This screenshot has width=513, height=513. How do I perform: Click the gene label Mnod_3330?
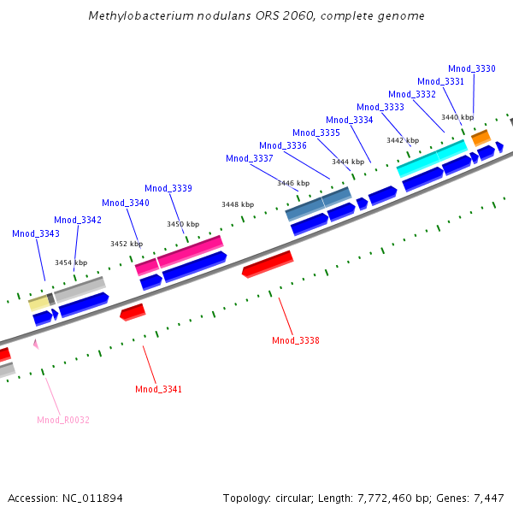click(x=472, y=68)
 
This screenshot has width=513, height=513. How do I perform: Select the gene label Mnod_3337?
click(x=250, y=158)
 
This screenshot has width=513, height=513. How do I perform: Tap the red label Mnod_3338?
click(x=296, y=340)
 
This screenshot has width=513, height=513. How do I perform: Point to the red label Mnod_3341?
click(x=159, y=389)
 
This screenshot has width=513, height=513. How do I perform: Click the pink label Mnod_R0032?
click(x=63, y=420)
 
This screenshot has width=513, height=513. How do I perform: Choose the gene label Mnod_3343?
click(x=36, y=233)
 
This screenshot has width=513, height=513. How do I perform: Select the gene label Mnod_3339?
click(x=168, y=188)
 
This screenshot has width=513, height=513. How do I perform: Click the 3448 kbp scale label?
click(x=238, y=204)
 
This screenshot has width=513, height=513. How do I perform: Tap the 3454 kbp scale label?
click(x=71, y=262)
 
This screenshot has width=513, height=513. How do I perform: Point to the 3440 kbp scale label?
click(x=457, y=117)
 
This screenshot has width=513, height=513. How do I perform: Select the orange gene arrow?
click(x=481, y=137)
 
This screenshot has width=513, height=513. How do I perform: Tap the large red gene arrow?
click(x=268, y=264)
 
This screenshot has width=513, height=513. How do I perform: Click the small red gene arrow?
click(x=133, y=312)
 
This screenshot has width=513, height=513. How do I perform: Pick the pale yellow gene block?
click(x=38, y=303)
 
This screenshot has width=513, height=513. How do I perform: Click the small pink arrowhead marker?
click(x=36, y=344)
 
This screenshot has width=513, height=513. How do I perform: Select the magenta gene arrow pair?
click(x=180, y=255)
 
